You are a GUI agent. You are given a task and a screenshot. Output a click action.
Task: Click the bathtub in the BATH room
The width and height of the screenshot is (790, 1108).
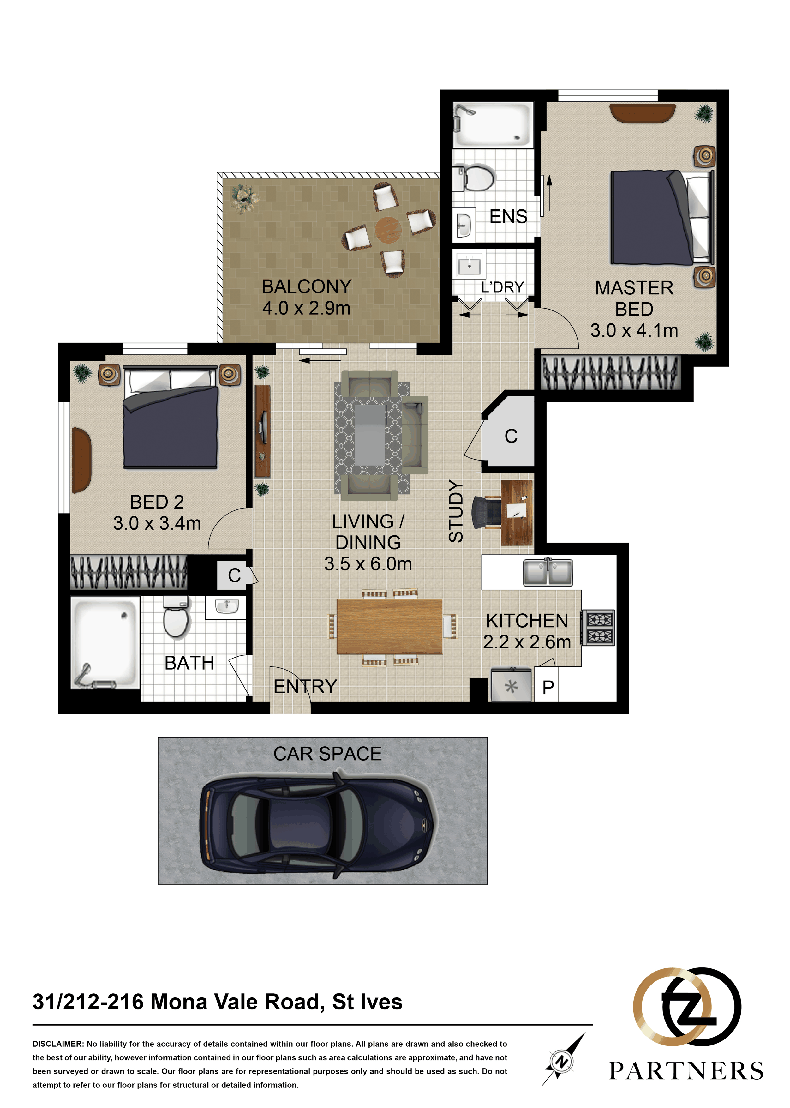click(x=105, y=642)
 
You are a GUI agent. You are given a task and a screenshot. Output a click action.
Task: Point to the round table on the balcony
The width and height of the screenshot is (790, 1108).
click(x=388, y=229)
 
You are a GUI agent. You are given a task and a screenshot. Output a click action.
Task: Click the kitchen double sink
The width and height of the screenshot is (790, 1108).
click(x=548, y=572)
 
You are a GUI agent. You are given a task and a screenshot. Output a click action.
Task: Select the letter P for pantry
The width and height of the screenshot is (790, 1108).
click(x=548, y=688)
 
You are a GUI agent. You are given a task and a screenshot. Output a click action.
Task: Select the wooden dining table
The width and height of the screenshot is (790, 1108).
click(x=389, y=627)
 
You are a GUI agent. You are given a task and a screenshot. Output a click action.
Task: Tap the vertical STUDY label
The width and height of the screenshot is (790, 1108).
click(x=456, y=511)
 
